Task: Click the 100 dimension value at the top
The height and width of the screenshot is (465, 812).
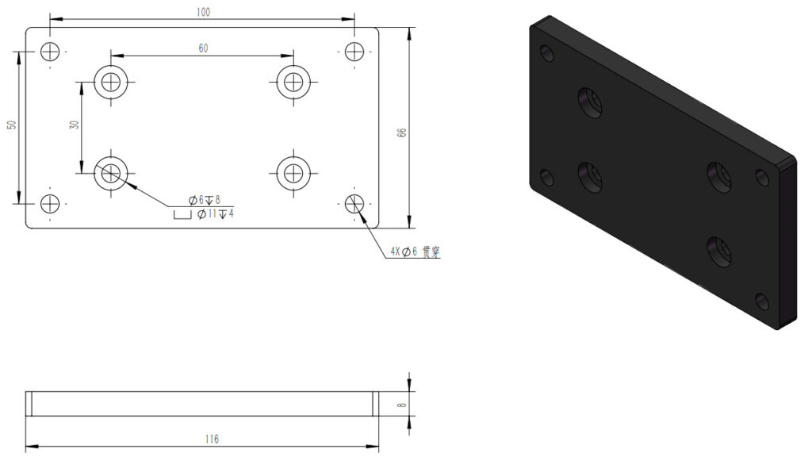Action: [203, 12]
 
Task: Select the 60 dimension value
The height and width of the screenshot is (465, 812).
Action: [203, 48]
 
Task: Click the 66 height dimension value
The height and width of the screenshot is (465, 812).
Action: [401, 133]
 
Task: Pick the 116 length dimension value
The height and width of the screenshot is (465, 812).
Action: [211, 439]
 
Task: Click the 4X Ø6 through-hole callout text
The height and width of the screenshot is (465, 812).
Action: [414, 252]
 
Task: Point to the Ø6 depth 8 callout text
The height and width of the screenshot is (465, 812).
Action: [204, 200]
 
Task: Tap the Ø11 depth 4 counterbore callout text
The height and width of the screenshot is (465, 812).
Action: [215, 213]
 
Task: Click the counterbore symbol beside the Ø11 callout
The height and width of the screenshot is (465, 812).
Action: [182, 213]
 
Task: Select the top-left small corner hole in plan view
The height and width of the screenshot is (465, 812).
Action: [50, 52]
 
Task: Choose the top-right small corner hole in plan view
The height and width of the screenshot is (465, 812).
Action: [354, 52]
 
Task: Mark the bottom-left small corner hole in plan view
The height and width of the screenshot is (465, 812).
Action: [50, 203]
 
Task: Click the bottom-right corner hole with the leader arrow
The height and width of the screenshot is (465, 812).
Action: [354, 203]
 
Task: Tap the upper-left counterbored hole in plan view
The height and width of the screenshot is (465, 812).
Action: [111, 80]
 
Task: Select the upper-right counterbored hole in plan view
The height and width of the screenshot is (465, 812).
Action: [293, 80]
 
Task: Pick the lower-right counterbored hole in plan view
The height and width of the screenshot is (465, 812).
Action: [293, 172]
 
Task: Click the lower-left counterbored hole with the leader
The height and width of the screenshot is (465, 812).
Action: [111, 172]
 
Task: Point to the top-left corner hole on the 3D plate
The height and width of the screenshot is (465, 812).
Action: [546, 53]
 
